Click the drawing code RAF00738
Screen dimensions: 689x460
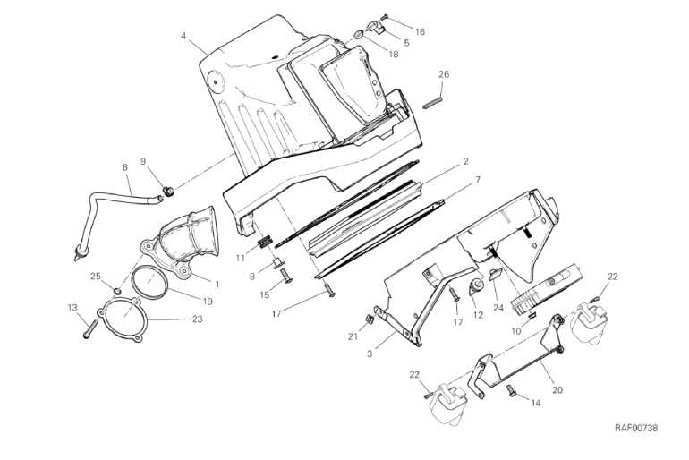(636, 428)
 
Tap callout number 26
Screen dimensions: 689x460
(444, 74)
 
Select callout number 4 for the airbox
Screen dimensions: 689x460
(183, 35)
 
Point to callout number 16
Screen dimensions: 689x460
(420, 31)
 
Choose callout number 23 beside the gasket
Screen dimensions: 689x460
(197, 319)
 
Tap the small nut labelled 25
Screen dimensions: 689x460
(117, 291)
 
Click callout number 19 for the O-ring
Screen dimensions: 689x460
(208, 302)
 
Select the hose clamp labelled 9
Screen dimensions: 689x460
(168, 191)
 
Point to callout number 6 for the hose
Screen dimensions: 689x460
(125, 167)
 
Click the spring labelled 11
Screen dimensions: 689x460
(265, 243)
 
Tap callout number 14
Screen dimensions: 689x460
(536, 403)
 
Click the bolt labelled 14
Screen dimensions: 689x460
(510, 390)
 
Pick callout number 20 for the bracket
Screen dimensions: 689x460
(557, 389)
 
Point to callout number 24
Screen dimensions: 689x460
(498, 308)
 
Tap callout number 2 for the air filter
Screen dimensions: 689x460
(466, 161)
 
